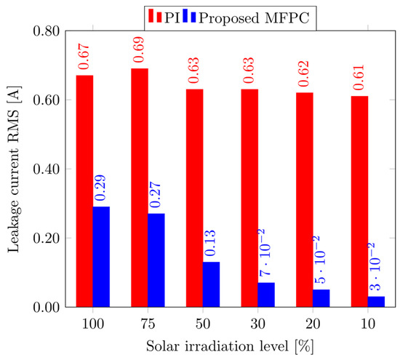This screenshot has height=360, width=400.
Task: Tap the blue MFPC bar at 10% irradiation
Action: [376, 301]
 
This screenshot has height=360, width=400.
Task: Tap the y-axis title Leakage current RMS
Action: [14, 169]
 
